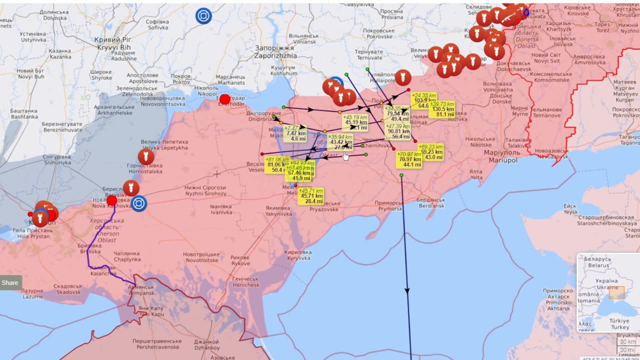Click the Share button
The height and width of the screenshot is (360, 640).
(x=10, y=282)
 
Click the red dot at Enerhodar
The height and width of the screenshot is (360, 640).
(x=225, y=99)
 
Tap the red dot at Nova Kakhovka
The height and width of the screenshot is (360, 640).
(x=111, y=200)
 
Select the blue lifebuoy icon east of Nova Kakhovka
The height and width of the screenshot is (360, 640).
(x=139, y=203)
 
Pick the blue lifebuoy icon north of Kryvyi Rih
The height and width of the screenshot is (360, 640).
(x=203, y=16)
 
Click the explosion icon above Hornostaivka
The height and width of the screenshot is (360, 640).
(x=146, y=157)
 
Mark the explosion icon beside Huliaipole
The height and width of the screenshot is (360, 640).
(x=403, y=77)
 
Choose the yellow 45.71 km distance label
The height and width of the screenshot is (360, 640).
(x=310, y=196)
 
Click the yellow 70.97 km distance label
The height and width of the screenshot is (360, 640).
(x=409, y=159)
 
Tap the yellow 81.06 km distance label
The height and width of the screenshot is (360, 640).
(x=277, y=164)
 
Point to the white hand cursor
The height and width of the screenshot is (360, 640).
(x=345, y=156)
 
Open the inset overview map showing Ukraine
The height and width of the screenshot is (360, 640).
(x=608, y=292)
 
